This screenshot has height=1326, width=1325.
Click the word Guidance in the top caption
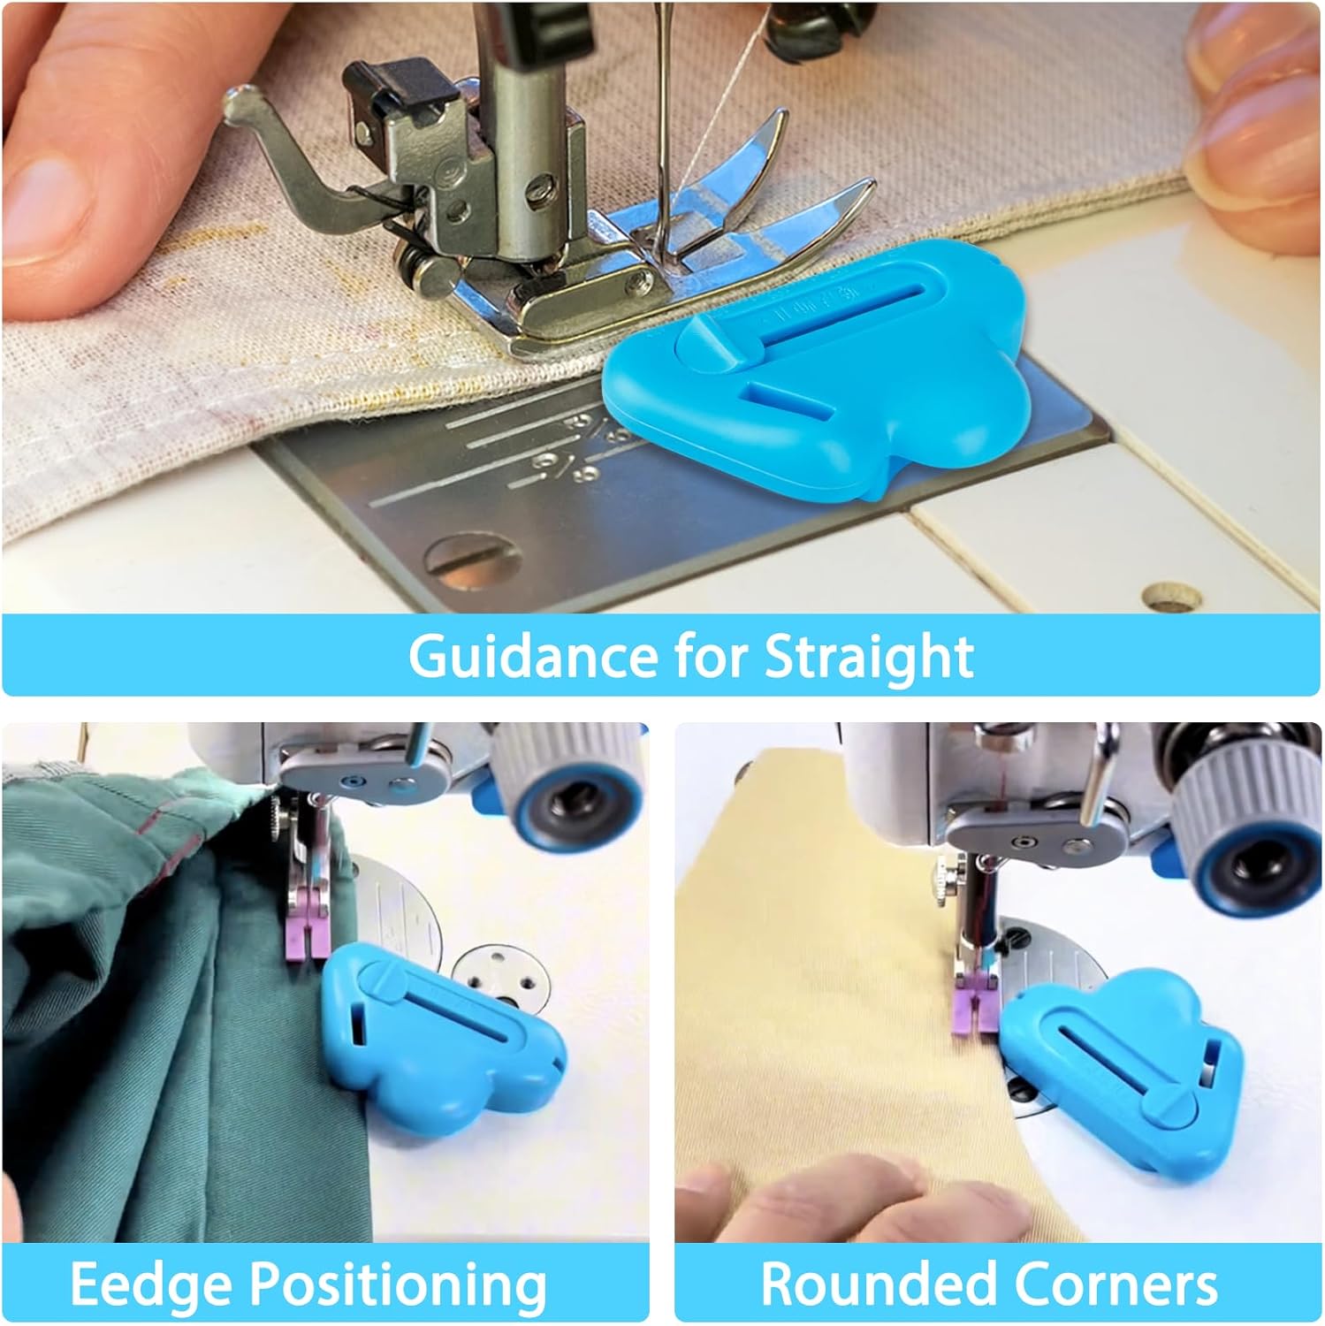(533, 656)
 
